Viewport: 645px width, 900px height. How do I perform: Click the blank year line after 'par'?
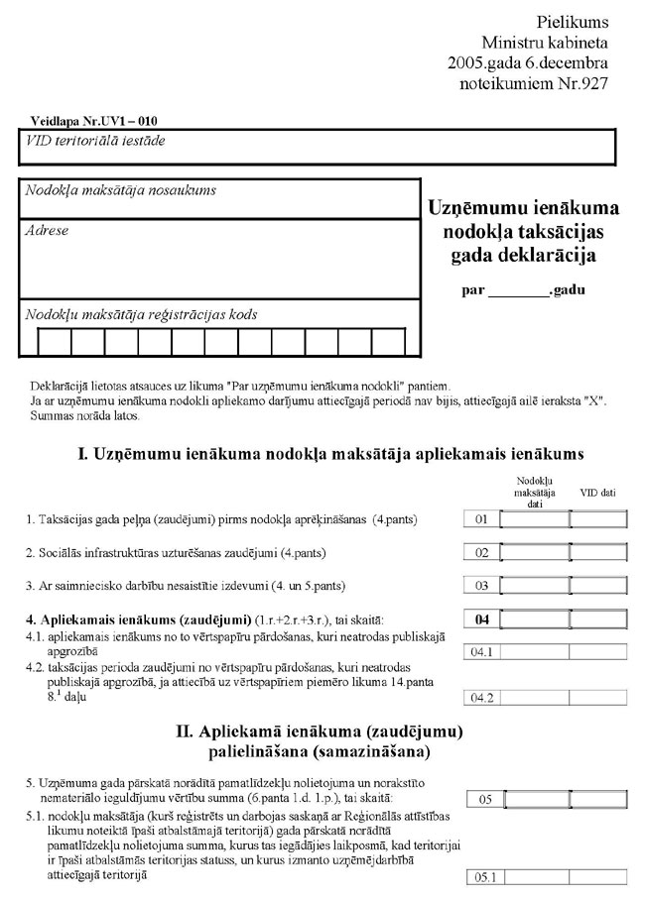517,292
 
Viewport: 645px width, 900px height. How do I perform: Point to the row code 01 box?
483,519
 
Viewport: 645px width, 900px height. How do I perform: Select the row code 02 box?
483,553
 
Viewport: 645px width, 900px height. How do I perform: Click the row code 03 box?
483,586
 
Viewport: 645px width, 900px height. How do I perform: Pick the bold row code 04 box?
483,620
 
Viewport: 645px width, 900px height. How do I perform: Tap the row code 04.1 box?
483,652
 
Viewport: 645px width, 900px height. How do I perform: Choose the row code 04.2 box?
483,699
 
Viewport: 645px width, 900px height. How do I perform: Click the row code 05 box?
483,799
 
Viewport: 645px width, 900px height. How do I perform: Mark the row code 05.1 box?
483,877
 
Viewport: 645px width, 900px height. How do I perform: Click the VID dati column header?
598,492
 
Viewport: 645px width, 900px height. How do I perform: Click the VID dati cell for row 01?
598,519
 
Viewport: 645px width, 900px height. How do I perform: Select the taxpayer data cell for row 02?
535,553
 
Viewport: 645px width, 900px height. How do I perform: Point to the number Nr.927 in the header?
588,83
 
